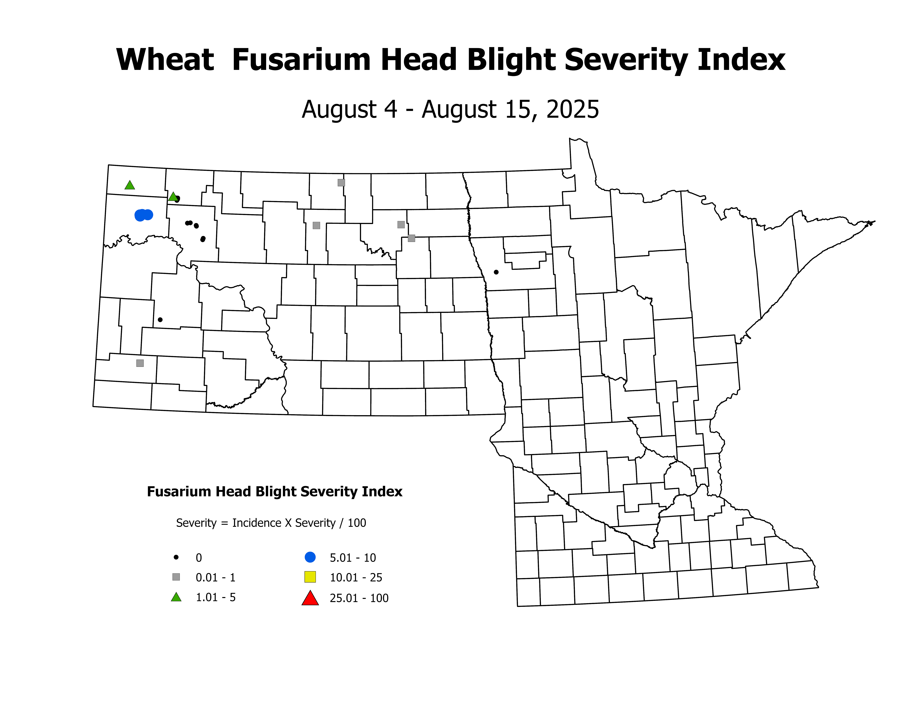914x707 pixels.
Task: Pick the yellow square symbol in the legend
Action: coord(310,577)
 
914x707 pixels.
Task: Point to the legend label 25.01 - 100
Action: coord(359,598)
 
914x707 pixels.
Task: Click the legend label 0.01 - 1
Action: coord(215,578)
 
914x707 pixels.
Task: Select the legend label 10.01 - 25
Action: coord(356,578)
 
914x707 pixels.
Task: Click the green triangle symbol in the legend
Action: coord(176,598)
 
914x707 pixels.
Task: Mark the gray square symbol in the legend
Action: coord(176,577)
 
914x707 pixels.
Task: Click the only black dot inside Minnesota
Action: coord(496,272)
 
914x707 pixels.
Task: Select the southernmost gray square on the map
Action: coord(140,363)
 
